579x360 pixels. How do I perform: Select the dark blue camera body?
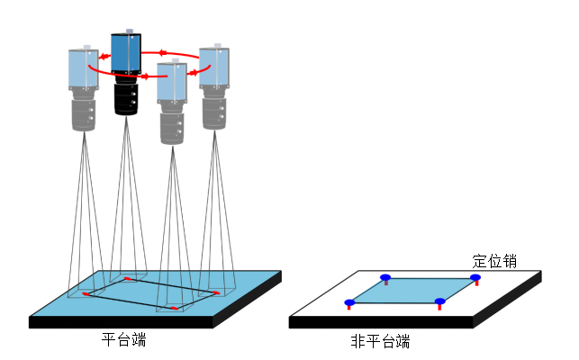point(125,53)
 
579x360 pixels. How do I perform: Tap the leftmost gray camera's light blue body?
point(83,70)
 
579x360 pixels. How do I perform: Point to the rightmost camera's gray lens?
point(214,110)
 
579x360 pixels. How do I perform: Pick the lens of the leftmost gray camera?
point(83,112)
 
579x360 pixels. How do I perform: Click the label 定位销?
point(494,262)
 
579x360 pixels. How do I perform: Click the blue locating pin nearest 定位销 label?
point(475,278)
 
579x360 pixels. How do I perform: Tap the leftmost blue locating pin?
point(349,303)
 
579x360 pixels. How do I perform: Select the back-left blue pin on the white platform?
point(385,278)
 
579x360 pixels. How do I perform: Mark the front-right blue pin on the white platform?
point(439,302)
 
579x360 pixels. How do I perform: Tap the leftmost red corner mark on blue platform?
point(86,293)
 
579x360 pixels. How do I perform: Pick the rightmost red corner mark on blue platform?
point(216,292)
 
